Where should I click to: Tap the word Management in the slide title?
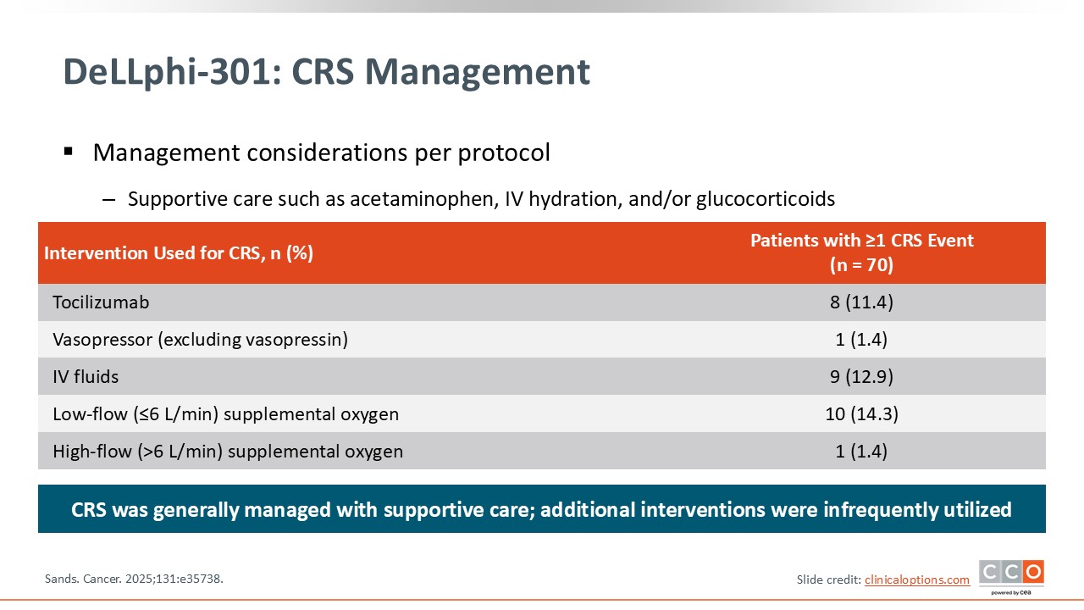[x=477, y=72]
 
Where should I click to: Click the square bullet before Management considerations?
[x=69, y=152]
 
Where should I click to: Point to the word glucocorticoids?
[x=766, y=199]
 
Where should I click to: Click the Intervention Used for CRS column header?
[x=179, y=252]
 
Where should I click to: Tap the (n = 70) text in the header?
[x=861, y=265]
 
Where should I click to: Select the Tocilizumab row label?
[x=101, y=302]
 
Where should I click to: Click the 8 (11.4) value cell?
[x=861, y=302]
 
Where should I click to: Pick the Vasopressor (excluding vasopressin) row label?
[x=201, y=340]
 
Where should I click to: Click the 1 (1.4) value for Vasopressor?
[x=861, y=340]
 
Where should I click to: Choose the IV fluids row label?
[x=86, y=377]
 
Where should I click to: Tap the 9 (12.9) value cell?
[x=861, y=377]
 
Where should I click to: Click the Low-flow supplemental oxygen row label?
[x=225, y=414]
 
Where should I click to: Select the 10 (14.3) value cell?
[x=861, y=414]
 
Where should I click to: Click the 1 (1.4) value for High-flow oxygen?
[x=861, y=452]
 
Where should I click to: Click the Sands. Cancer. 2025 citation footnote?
[x=134, y=579]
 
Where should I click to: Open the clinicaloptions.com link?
[x=917, y=579]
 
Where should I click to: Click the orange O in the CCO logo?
[x=1034, y=572]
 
